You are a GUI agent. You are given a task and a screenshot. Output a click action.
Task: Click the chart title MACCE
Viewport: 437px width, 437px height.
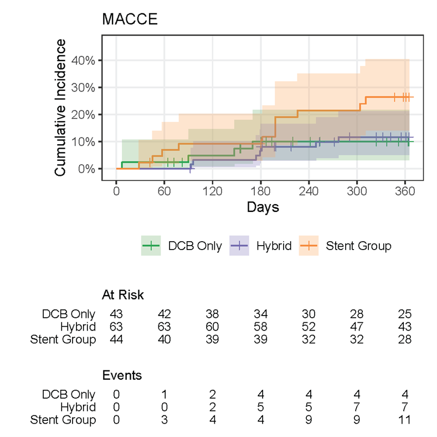130,19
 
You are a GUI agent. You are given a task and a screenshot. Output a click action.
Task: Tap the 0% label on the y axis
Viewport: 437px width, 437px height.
89,169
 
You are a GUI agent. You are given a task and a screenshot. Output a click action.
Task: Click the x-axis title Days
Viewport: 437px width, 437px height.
263,208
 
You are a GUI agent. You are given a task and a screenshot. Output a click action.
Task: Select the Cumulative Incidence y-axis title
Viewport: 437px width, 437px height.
60,108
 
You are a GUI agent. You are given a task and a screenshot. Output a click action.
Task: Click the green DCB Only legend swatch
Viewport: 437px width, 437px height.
151,246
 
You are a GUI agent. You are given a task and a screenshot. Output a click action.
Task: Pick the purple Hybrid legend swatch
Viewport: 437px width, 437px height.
239,246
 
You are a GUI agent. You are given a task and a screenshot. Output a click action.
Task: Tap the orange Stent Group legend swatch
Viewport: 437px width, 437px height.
309,246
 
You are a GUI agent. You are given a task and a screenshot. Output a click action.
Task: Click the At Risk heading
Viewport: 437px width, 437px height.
123,294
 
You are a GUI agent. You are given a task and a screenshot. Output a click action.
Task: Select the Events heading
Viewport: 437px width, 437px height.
122,375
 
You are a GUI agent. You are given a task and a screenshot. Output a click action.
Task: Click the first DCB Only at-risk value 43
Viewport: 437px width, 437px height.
116,314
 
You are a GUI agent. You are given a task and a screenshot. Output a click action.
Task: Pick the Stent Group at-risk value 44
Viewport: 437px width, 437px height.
116,339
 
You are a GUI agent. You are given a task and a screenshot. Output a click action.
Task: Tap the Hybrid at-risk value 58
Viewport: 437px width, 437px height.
260,327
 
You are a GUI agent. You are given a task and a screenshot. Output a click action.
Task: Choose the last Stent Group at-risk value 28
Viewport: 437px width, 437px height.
404,339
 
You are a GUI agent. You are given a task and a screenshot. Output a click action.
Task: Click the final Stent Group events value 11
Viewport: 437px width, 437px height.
404,420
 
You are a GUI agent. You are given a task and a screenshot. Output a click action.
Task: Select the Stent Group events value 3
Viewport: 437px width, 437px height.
164,420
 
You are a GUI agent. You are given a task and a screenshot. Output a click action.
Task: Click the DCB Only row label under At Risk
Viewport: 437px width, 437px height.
69,314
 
